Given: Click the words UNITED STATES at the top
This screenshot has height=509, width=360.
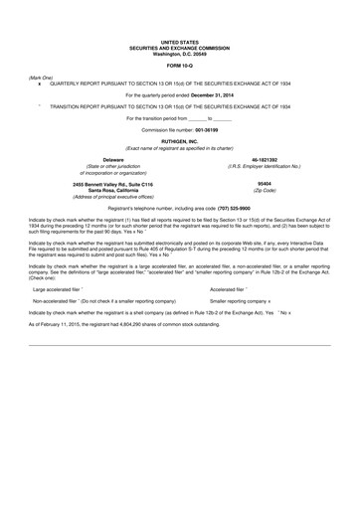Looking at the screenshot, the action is coord(180,43).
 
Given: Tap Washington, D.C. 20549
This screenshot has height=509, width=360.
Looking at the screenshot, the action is coord(180,53).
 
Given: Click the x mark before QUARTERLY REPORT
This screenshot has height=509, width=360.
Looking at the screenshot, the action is coord(39,81).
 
